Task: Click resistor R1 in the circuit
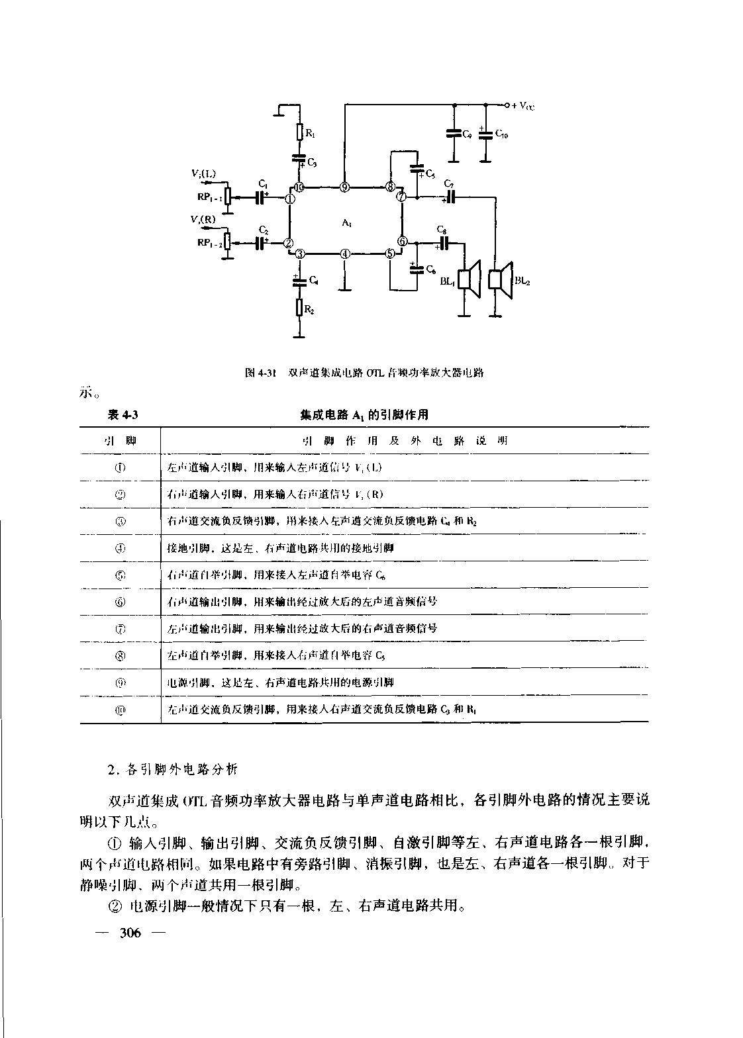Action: coord(299,132)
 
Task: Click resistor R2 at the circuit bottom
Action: coord(299,307)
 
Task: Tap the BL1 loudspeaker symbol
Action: coord(471,280)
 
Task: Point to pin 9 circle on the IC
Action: coord(344,187)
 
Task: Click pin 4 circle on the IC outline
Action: coord(344,254)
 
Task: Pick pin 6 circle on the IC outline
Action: coord(403,242)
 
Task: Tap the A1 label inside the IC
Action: coord(346,224)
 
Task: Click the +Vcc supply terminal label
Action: coord(522,105)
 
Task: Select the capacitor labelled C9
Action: coord(454,134)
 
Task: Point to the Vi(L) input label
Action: coord(203,173)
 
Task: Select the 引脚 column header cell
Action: coord(121,441)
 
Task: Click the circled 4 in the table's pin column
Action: coord(121,548)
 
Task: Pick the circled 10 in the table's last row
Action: coord(121,710)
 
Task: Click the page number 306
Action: coord(130,933)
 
